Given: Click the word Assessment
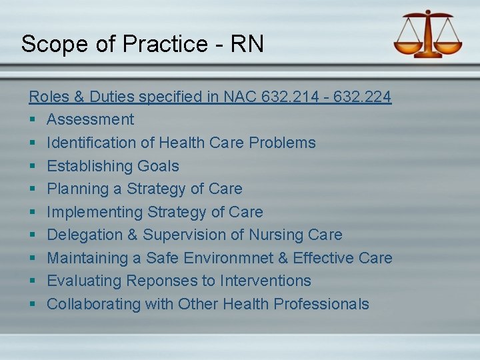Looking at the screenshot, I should coord(90,120).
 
